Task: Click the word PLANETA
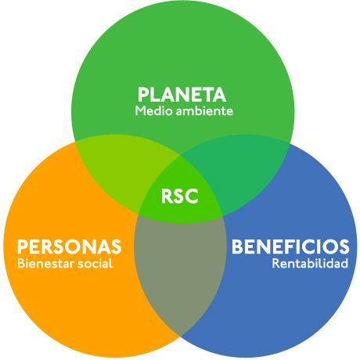(182, 95)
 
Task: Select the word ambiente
(204, 111)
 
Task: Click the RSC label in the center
(180, 196)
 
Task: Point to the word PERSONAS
(69, 247)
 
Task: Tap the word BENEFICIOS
(290, 247)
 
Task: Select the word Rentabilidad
(310, 263)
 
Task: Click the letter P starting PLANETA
(143, 95)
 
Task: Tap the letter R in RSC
(167, 196)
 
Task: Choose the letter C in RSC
(192, 196)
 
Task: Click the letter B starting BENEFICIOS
(238, 247)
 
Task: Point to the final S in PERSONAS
(116, 247)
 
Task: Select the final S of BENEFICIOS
(344, 247)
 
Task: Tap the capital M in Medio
(140, 111)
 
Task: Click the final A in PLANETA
(219, 95)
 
